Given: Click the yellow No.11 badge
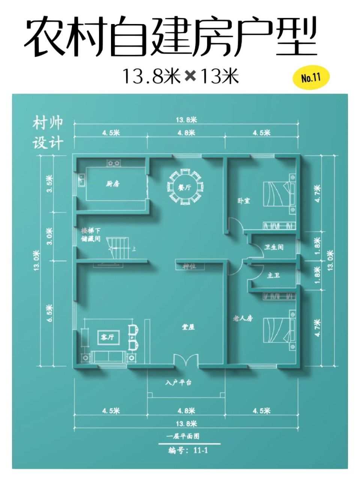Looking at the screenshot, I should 310,78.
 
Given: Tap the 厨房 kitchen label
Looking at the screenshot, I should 112,184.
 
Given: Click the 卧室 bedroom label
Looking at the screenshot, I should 244,200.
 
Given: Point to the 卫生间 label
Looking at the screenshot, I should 274,247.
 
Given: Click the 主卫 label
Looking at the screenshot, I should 273,275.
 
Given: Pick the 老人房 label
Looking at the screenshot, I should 243,318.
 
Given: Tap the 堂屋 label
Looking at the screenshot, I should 188,327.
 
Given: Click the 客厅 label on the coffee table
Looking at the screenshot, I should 108,337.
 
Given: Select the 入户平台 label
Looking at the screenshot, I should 178,383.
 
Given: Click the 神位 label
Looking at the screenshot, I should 189,266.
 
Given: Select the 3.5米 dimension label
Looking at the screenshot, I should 49,184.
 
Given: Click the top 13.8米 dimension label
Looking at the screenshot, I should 186,120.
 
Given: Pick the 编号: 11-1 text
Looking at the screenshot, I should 188,450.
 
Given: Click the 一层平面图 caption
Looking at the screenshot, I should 183,436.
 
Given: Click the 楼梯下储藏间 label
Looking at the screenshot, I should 91,234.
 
